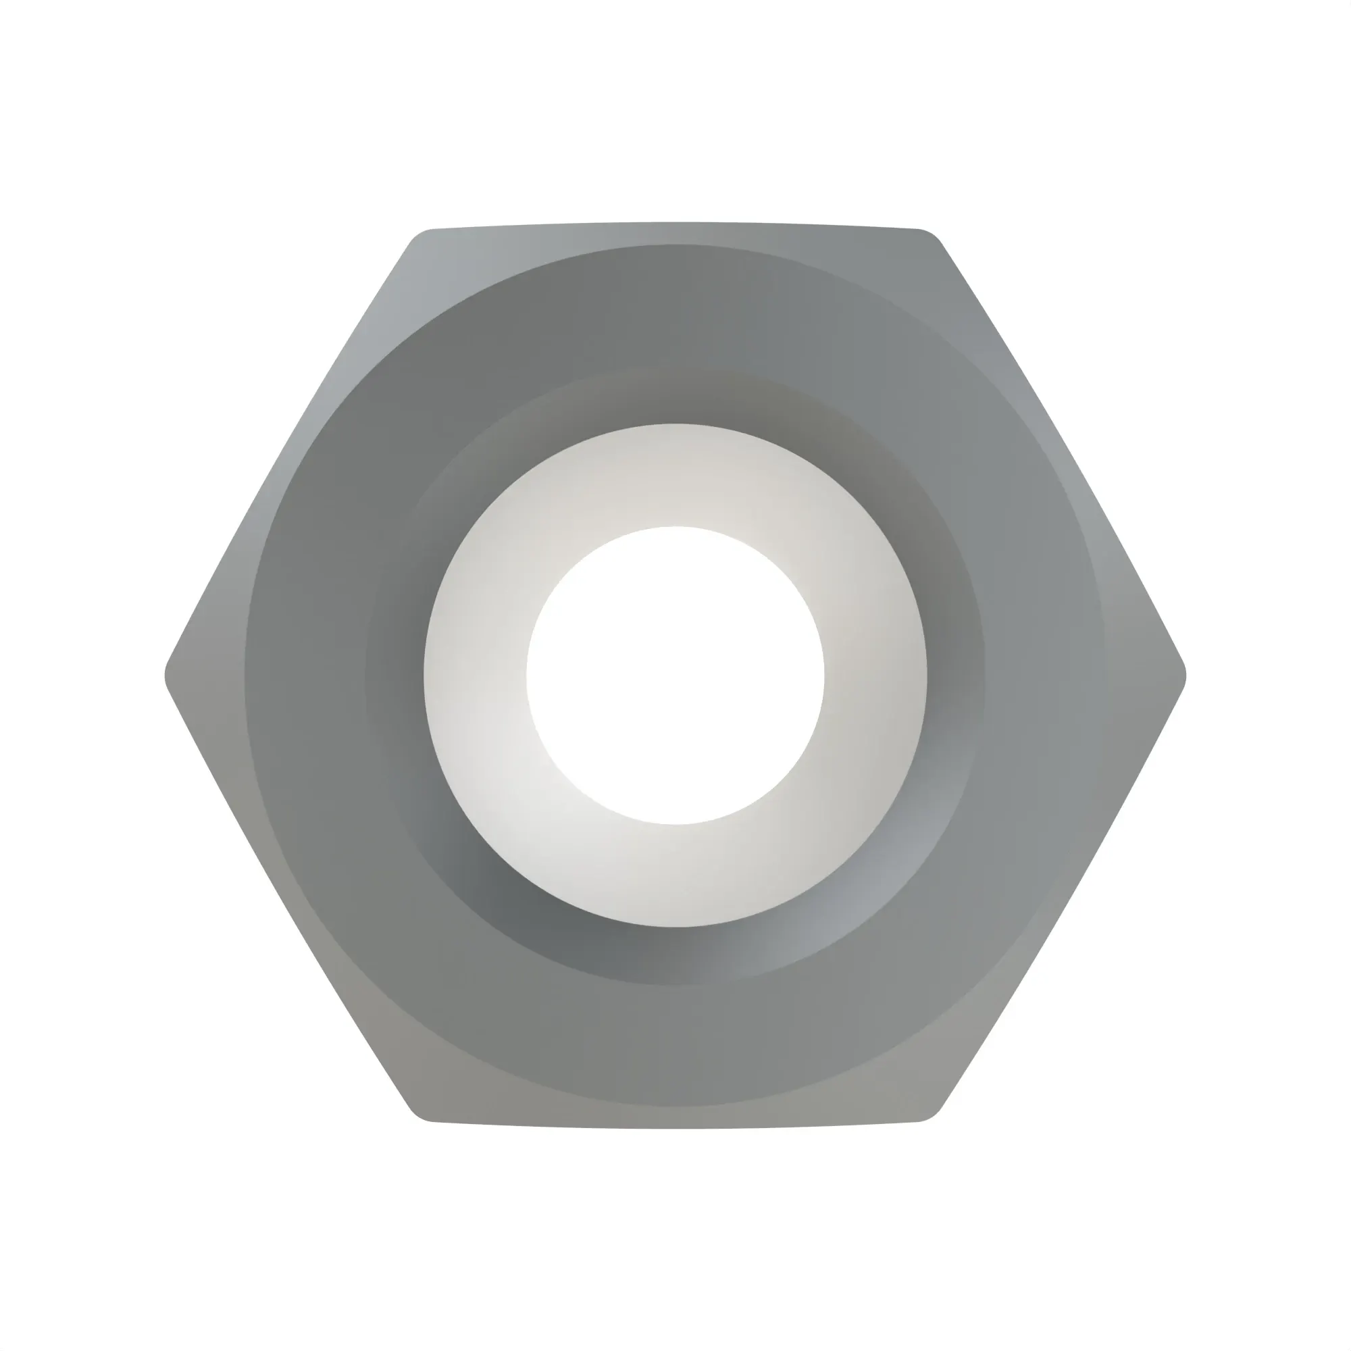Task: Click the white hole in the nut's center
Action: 675,675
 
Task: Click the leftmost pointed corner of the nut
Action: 168,675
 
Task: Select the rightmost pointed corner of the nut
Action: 1183,675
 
